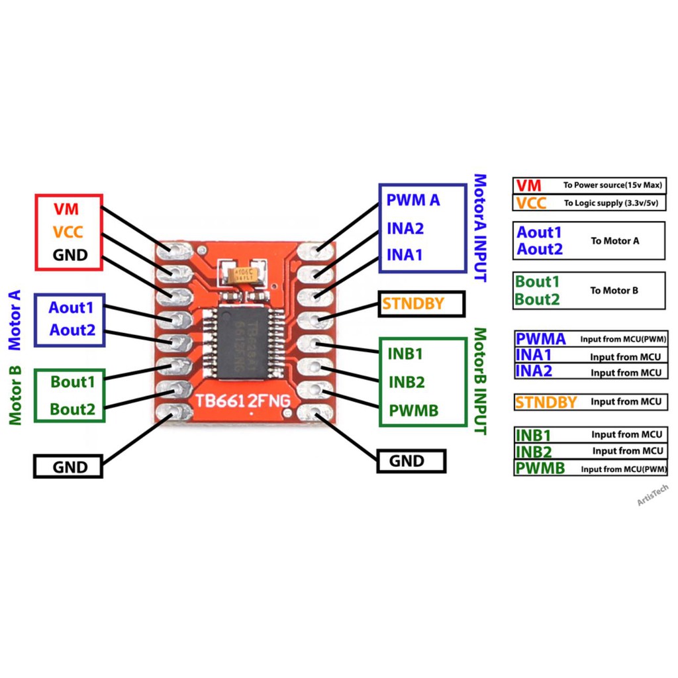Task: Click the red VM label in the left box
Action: (66, 210)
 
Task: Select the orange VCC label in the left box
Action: (68, 232)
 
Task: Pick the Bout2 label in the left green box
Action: (73, 409)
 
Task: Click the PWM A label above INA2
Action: (413, 199)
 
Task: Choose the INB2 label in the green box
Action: (407, 382)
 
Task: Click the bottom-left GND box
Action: (70, 467)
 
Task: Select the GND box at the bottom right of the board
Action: (411, 461)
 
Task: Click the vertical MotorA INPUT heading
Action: (480, 228)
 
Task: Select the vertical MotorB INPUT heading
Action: (480, 381)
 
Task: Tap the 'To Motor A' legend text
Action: (615, 241)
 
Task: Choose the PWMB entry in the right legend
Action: (540, 469)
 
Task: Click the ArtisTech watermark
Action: (653, 495)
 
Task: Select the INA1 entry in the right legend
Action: (534, 356)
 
